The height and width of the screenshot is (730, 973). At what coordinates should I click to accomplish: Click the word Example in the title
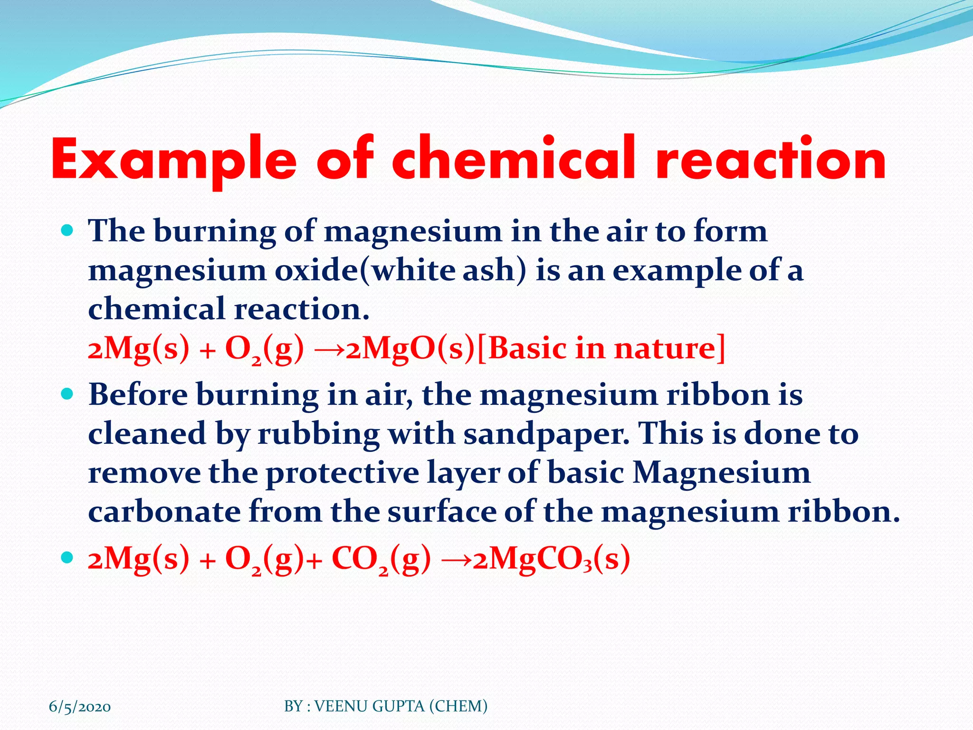tap(173, 161)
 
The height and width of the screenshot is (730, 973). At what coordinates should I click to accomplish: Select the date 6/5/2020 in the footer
tap(80, 707)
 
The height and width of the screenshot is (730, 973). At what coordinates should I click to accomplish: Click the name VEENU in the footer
tap(342, 706)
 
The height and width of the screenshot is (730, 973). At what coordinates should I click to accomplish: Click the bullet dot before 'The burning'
tap(67, 231)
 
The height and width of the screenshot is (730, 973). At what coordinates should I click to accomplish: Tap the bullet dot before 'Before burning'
tap(67, 394)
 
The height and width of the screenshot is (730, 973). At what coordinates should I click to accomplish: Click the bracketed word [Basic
tap(522, 349)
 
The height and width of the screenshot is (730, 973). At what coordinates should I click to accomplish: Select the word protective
tap(342, 473)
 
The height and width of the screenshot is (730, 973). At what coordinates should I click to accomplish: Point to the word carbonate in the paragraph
tap(164, 512)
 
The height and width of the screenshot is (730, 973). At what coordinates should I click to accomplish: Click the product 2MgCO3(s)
tap(551, 559)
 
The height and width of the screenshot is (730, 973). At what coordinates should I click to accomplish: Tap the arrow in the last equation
tap(456, 560)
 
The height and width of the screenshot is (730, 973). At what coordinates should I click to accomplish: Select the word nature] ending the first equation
tap(670, 349)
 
